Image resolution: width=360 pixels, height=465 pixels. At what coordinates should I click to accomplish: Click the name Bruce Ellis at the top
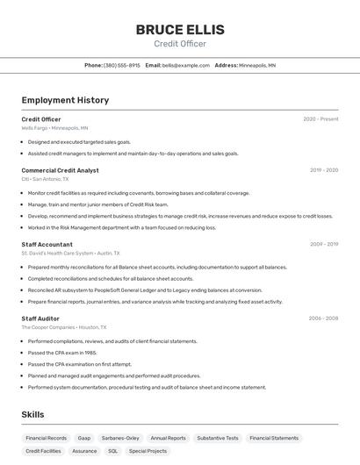pos(180,30)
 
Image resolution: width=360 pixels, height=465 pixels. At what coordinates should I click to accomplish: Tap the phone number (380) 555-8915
pos(121,65)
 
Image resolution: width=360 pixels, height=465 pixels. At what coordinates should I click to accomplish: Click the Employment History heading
pos(65,100)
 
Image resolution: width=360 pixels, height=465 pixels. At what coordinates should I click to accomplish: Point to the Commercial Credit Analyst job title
pos(60,170)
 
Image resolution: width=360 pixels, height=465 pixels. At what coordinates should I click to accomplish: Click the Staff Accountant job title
pos(47,244)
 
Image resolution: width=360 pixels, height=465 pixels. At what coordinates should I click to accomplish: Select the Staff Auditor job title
pos(40,318)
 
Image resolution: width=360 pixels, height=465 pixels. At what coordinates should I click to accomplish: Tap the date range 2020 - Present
pos(320,119)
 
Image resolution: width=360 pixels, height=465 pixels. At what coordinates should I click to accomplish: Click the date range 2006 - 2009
pos(323,318)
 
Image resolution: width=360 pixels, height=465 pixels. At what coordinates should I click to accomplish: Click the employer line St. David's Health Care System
pos(68,253)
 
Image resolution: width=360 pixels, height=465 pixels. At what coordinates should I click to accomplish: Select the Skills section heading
pos(32,414)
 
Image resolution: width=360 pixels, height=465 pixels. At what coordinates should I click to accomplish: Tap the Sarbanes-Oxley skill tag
pos(120,438)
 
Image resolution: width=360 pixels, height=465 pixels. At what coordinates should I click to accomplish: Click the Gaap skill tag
pos(84,438)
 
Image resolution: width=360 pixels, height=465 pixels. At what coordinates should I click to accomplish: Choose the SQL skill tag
pos(112,451)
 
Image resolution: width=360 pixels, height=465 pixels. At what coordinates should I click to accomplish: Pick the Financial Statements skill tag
pos(274,438)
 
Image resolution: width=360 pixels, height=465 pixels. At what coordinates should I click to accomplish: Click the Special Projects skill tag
pos(148,451)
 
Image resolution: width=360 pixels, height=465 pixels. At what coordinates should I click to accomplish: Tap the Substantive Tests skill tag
pos(218,438)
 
